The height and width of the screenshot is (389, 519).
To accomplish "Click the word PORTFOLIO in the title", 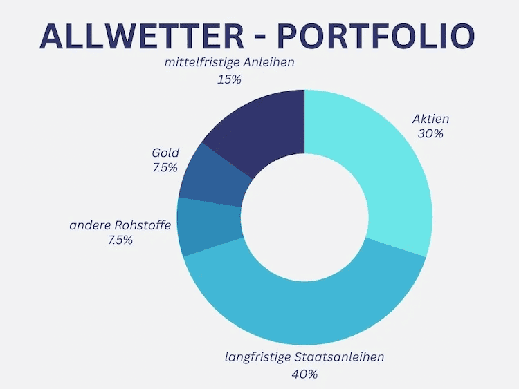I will [374, 36].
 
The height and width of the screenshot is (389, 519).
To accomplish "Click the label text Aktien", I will [430, 118].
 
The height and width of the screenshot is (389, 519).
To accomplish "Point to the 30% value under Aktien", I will [430, 133].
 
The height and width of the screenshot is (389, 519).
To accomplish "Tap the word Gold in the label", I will [165, 153].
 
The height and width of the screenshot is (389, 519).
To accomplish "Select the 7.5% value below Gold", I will [165, 168].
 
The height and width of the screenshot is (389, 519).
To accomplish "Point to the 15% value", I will [229, 79].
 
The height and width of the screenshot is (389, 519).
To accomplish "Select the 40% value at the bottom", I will [304, 374].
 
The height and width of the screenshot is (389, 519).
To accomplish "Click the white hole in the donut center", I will [304, 218].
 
